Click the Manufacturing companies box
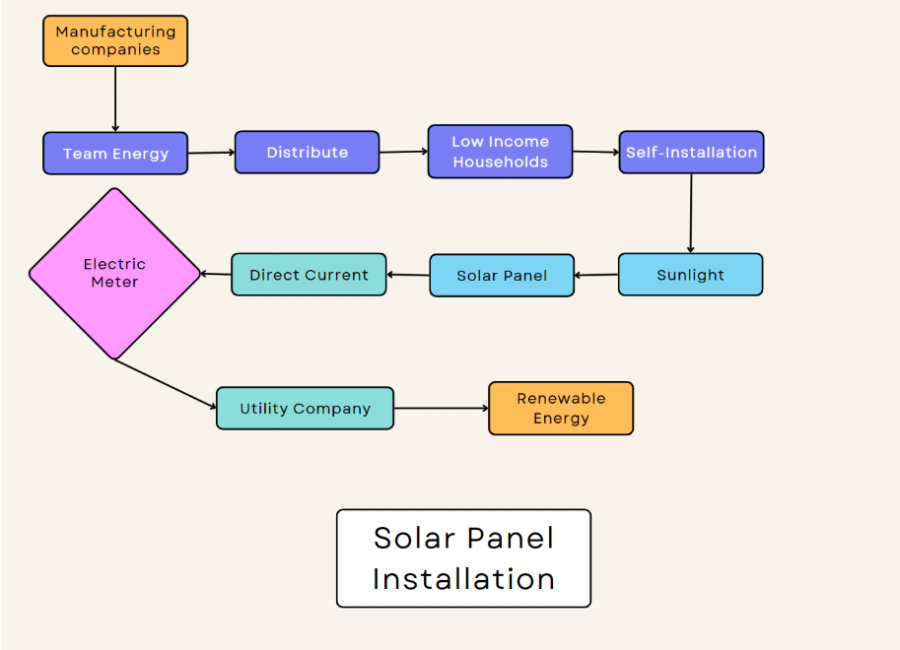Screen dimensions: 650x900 [115, 40]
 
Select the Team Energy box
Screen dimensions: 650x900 [115, 154]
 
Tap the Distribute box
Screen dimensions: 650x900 [307, 153]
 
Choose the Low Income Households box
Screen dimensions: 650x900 [500, 152]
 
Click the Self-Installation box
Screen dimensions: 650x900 [691, 153]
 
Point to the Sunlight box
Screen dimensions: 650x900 [690, 275]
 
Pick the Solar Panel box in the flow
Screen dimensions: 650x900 [502, 276]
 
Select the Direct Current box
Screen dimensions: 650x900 [309, 275]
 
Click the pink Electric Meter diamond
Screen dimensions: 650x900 [114, 273]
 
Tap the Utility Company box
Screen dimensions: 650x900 [305, 409]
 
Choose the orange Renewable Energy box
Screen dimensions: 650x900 [561, 409]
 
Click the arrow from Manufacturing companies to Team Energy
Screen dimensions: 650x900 [115, 98]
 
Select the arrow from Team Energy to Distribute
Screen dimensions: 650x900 [211, 153]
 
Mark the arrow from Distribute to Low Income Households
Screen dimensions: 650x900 [403, 152]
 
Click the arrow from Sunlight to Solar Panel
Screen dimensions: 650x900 [596, 276]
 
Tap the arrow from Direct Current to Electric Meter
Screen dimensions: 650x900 [216, 274]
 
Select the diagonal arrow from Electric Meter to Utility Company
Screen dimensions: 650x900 [166, 383]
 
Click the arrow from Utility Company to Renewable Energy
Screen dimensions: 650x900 [441, 408]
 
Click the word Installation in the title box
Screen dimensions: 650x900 [463, 579]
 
